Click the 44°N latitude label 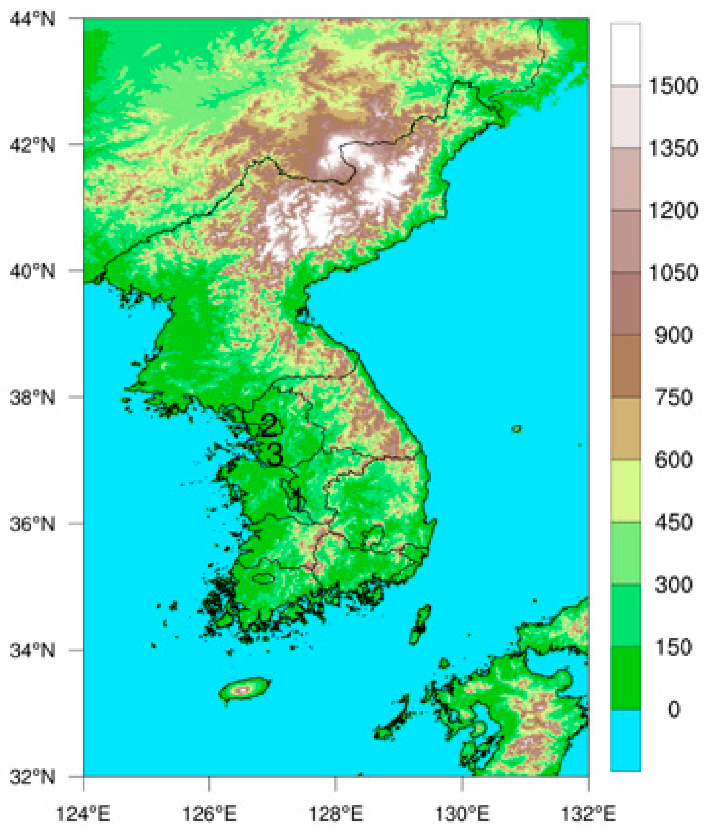[x=32, y=19]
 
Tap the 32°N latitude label [x=32, y=776]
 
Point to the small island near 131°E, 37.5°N [x=517, y=429]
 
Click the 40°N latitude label [x=32, y=271]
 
